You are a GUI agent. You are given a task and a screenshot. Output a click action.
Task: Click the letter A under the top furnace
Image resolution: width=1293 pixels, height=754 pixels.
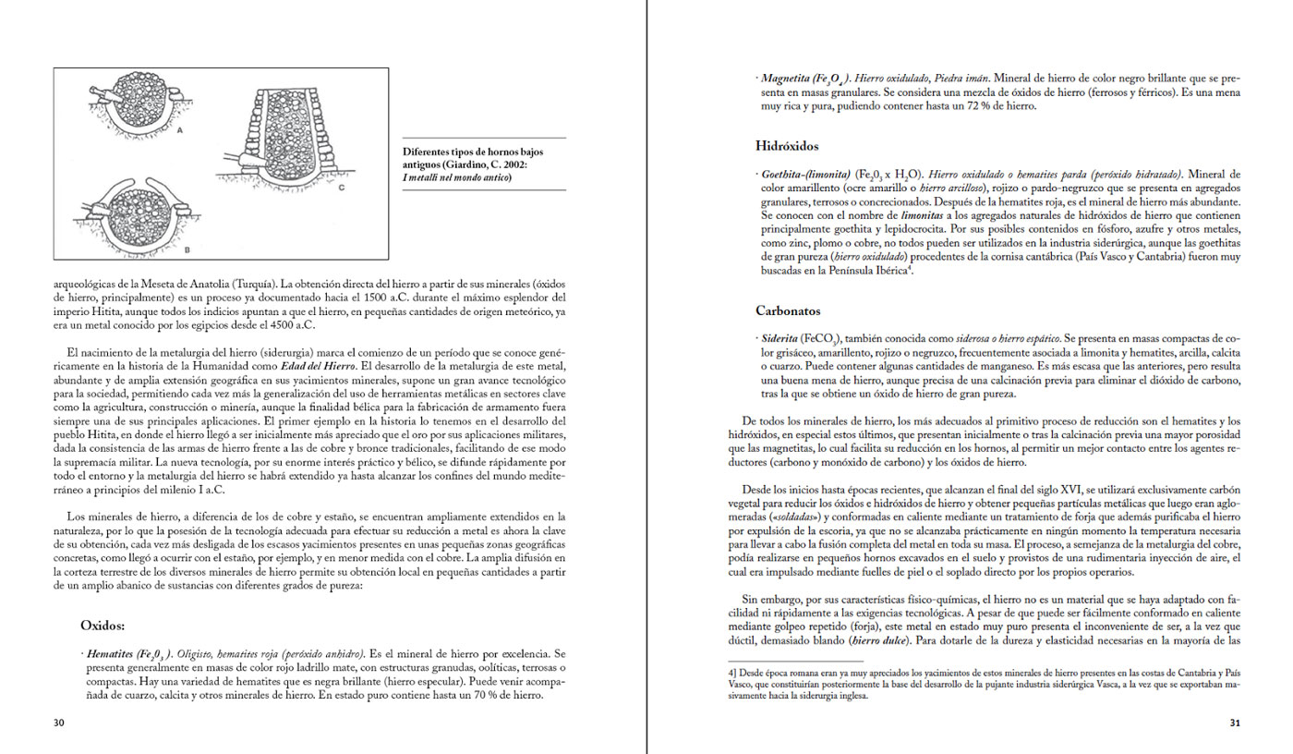click(x=179, y=131)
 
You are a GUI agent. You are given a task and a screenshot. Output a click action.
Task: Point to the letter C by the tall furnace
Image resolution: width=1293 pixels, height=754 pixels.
click(x=341, y=188)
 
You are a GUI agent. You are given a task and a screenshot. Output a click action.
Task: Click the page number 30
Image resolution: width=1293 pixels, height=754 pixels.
click(x=58, y=723)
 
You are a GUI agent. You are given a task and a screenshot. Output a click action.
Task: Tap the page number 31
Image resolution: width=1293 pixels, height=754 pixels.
click(x=1234, y=723)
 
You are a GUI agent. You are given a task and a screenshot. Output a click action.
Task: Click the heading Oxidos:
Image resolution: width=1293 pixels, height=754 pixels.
click(x=108, y=625)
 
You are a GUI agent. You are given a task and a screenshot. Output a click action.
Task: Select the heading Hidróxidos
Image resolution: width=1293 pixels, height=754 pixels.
click(x=787, y=145)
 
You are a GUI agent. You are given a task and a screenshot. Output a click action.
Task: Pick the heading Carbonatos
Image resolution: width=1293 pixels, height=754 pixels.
click(x=788, y=311)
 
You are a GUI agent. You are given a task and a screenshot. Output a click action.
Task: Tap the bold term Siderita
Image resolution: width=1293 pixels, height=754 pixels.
click(x=779, y=340)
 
